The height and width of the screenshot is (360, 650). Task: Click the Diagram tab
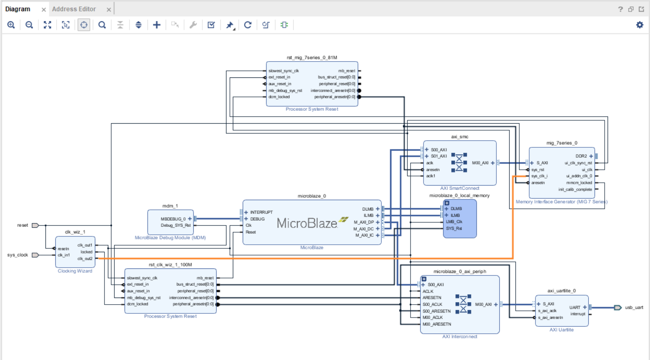point(17,9)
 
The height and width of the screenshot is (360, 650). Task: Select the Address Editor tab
point(74,9)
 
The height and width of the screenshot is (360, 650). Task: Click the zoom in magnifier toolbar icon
point(11,25)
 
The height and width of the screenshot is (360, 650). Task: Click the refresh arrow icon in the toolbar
point(248,25)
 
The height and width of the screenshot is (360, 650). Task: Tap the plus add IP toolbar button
point(157,25)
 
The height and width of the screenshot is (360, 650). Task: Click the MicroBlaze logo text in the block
point(307,223)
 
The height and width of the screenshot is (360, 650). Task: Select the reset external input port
point(22,225)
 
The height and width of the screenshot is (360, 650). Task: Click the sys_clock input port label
point(17,255)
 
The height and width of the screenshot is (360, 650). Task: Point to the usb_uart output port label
point(634,308)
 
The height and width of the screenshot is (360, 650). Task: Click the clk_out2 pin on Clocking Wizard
point(85,258)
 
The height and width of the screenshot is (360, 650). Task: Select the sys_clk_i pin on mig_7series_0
point(539,176)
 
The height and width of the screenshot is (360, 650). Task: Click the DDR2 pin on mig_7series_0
point(581,156)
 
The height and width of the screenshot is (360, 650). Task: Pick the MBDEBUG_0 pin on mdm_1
point(173,219)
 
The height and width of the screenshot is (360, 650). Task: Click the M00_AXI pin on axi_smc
point(480,163)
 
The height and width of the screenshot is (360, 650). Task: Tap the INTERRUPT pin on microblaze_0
point(261,212)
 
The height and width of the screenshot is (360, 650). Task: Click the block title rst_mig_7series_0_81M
point(311,58)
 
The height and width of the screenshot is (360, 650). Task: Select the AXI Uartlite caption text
point(561,330)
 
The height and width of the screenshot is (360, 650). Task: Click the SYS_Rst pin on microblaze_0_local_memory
point(454,228)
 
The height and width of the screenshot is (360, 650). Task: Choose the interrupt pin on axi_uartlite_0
point(578,314)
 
